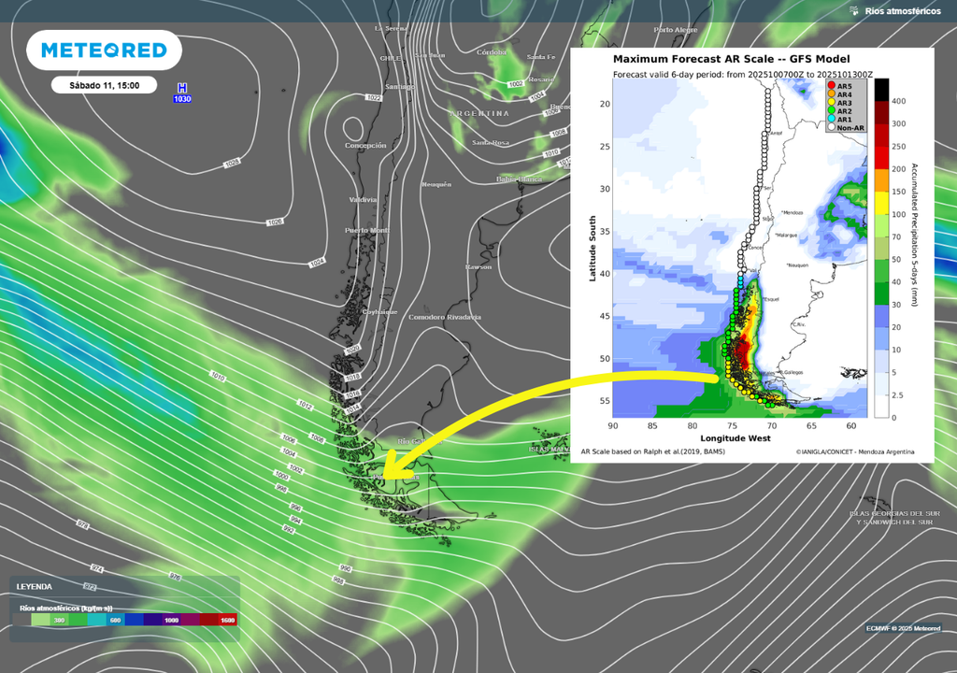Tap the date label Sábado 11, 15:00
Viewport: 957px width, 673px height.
105,85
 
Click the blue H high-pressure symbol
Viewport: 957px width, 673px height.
182,87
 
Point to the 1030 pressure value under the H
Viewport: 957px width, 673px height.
182,98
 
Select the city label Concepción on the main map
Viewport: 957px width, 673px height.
364,146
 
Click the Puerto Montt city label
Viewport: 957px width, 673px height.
366,230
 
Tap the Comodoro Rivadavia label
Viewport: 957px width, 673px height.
444,318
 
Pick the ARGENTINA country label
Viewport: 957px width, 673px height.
480,113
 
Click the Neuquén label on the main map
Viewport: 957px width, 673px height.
436,184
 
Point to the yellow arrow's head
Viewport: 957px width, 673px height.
385,471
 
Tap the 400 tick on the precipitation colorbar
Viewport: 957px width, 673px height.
898,100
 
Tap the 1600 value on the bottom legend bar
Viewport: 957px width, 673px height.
227,620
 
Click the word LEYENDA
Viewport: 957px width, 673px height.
34,587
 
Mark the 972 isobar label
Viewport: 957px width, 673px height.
90,587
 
